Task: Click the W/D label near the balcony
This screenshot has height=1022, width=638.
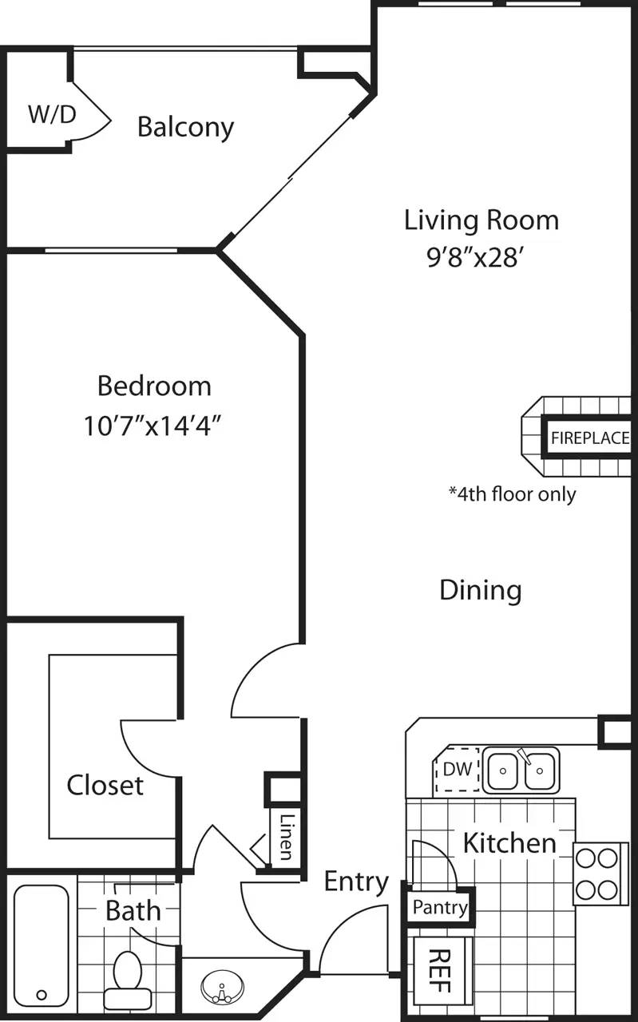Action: (x=52, y=115)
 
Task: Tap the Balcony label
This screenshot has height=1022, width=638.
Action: (x=185, y=127)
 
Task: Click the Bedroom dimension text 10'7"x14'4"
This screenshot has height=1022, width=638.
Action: (x=153, y=425)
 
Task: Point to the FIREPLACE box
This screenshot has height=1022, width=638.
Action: (x=588, y=438)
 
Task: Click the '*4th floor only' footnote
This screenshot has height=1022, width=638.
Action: (x=512, y=493)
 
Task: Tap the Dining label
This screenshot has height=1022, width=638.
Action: (x=481, y=590)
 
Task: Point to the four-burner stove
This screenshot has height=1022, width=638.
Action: (x=597, y=873)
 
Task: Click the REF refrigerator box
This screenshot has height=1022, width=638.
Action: (x=442, y=969)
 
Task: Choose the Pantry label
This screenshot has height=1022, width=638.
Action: (x=440, y=908)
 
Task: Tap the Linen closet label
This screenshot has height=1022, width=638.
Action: (x=285, y=837)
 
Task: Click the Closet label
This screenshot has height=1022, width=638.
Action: (x=105, y=785)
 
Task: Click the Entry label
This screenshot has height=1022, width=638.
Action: (x=356, y=881)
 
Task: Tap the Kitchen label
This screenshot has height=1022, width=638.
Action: (x=509, y=842)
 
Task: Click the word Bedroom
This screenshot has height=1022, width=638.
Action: (x=154, y=386)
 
